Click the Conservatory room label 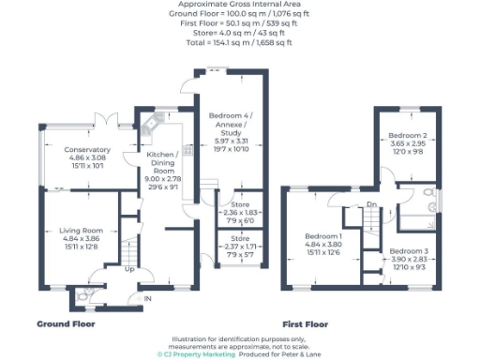pos(87,149)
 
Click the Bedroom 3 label pos(409,251)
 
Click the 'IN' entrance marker pos(146,299)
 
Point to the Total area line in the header pos(240,43)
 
